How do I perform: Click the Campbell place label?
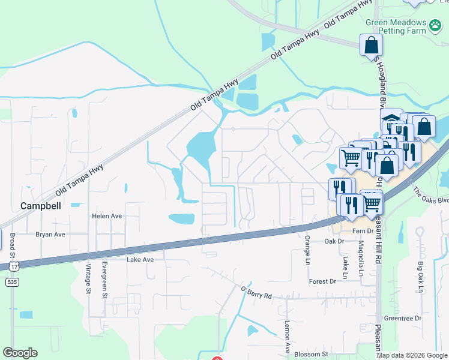coord(41,205)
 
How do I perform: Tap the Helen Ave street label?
coord(107,216)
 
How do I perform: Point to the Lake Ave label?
coord(140,260)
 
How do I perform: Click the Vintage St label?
coord(88,280)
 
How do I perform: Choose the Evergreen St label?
coord(104,280)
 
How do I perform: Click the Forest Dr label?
coord(322,281)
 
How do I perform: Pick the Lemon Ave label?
coord(288,336)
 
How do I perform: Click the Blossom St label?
coord(310,354)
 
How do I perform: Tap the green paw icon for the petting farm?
coord(436,25)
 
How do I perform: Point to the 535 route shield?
coord(12,281)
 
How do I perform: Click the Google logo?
coord(20,353)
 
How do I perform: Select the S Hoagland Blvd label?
coord(380,76)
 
